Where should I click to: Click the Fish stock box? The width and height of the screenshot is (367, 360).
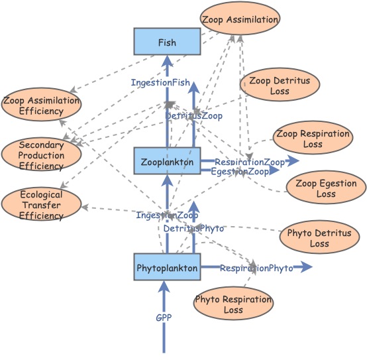[167, 42]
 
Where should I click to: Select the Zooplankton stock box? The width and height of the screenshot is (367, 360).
[167, 161]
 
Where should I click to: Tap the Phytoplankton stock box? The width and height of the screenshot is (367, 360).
[167, 268]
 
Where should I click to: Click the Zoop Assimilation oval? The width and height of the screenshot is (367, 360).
[240, 19]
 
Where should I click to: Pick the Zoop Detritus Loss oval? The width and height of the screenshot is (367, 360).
[280, 86]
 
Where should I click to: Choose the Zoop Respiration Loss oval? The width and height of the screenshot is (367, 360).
[313, 139]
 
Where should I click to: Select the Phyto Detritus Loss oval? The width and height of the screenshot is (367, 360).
[319, 238]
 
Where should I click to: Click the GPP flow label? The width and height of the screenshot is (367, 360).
[164, 318]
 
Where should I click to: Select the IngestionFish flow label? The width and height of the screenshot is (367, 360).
[160, 82]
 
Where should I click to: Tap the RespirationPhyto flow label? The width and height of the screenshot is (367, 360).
[256, 268]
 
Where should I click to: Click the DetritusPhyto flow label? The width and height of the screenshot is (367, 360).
[193, 228]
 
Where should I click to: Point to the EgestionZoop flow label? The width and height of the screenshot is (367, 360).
[240, 172]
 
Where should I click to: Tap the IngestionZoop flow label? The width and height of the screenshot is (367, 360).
[167, 215]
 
